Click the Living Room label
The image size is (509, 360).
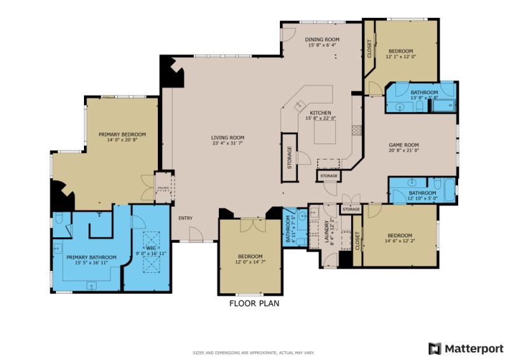point(228,138)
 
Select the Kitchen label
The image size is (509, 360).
point(320,113)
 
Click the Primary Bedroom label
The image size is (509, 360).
point(122,134)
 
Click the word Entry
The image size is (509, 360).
point(185,219)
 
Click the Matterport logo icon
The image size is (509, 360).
point(435,348)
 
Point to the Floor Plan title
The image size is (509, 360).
point(254,303)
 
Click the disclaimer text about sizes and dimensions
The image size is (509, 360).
point(254,352)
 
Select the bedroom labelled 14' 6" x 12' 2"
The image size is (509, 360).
point(399,238)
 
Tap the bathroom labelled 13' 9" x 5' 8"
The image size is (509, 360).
point(424,95)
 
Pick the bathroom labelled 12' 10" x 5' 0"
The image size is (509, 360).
point(422,196)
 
